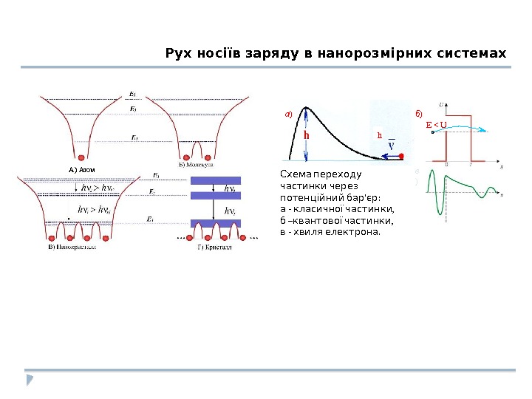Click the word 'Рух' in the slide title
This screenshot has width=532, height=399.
pos(179,54)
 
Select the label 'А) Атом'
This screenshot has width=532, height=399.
pos(83,169)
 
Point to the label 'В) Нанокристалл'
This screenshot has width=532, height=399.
pos(72,246)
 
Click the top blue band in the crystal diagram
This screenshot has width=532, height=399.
pos(220,180)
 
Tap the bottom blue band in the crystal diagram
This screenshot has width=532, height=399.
pos(220,222)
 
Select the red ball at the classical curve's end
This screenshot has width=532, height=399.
pos(402,156)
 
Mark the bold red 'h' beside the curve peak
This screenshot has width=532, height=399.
pos(306,137)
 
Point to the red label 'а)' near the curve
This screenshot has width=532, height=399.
pos(289,114)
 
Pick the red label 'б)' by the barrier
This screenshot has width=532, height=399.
pos(418,114)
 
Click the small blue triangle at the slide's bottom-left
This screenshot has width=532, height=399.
pos(30,380)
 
